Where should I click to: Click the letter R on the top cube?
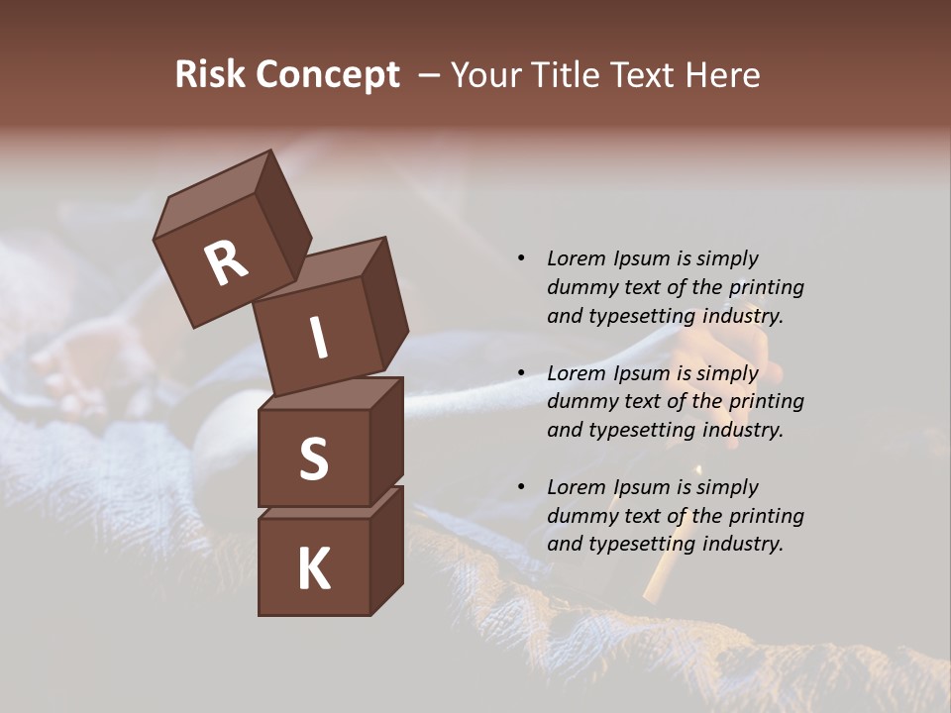pos(226,263)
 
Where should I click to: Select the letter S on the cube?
pos(313,458)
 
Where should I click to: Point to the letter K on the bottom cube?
pos(313,569)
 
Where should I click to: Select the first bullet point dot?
pos(521,259)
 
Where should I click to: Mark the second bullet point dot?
pos(521,373)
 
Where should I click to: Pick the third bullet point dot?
pos(521,487)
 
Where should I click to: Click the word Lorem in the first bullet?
pos(575,259)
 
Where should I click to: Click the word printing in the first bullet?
pos(766,288)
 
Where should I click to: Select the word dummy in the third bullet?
pos(580,516)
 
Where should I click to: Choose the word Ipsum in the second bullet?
pos(640,373)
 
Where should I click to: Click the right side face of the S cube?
pos(386,441)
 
